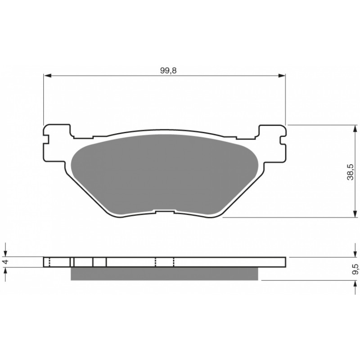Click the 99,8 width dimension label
168,71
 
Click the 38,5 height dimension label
351,172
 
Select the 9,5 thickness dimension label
355,269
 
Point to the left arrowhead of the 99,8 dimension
47,76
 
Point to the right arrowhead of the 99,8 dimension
282,76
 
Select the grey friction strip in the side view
164,274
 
